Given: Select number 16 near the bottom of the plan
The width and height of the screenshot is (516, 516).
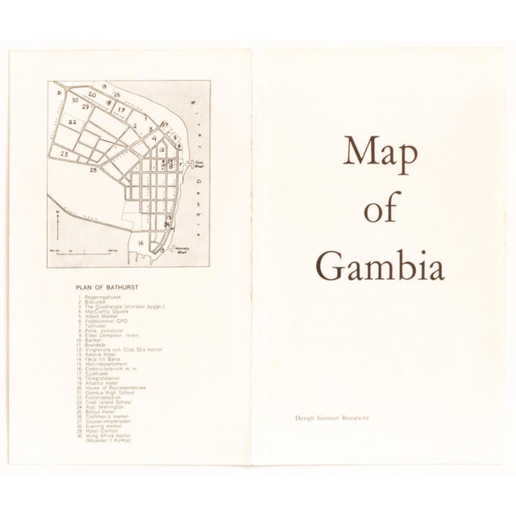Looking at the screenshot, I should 140,242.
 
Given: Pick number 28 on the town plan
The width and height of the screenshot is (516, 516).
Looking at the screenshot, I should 94,171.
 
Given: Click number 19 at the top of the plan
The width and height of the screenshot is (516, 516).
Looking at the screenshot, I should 105,85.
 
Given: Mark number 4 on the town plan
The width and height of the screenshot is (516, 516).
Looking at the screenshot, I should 153,138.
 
